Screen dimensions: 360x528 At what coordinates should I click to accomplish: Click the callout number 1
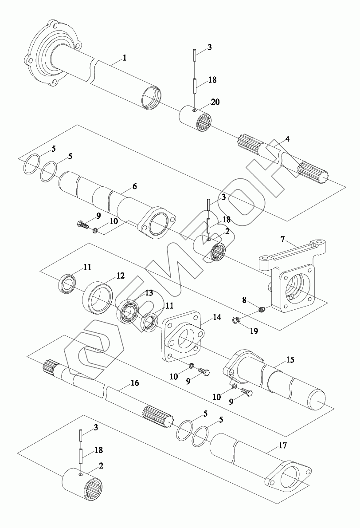124,58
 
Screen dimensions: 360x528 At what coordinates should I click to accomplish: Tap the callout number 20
215,102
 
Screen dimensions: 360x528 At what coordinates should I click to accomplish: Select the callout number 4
287,138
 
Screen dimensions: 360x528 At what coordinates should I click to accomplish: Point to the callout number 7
282,240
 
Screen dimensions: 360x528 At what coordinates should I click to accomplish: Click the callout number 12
120,276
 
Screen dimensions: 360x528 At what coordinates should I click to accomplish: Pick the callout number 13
149,293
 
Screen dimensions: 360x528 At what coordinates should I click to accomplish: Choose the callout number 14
217,317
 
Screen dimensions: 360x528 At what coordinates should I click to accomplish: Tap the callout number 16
135,383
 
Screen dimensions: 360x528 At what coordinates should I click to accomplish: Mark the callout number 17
282,445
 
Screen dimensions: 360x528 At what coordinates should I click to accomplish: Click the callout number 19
254,331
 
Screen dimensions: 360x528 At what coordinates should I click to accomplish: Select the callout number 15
290,360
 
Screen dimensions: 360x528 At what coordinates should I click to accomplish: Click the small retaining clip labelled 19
236,320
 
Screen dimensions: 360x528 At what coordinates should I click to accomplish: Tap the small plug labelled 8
262,309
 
